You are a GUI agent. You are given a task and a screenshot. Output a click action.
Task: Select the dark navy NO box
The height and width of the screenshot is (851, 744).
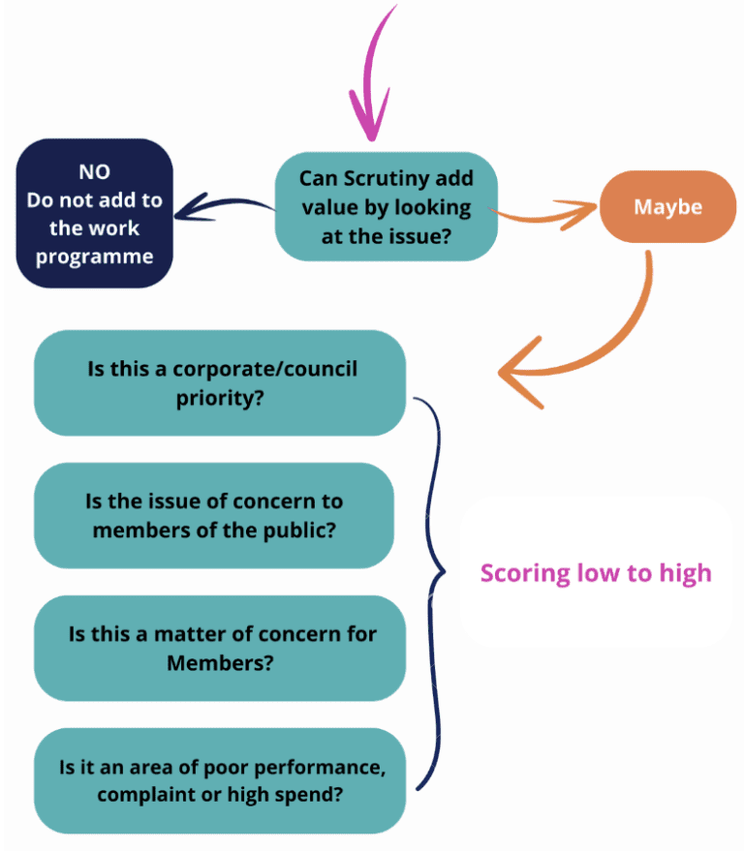pyautogui.click(x=94, y=213)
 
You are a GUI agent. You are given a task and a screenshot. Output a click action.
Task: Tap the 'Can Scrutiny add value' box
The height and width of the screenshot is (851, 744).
pyautogui.click(x=386, y=206)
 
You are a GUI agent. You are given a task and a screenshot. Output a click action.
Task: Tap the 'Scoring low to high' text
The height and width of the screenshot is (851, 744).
pyautogui.click(x=596, y=572)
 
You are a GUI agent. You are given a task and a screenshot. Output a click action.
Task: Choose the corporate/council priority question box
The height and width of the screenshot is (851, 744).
pyautogui.click(x=219, y=382)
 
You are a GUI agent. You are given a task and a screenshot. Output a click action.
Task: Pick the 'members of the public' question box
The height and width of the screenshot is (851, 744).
pyautogui.click(x=214, y=516)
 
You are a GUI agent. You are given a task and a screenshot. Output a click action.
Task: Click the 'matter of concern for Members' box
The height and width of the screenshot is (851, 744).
pyautogui.click(x=219, y=648)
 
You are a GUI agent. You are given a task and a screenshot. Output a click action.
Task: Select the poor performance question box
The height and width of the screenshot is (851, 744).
pyautogui.click(x=221, y=779)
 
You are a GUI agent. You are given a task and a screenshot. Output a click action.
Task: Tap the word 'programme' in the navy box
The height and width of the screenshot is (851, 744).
pyautogui.click(x=95, y=257)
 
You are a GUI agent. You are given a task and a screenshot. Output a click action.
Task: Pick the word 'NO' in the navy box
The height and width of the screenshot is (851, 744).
pyautogui.click(x=94, y=172)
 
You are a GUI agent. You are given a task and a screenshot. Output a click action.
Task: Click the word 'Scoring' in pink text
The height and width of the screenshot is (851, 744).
pyautogui.click(x=524, y=573)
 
